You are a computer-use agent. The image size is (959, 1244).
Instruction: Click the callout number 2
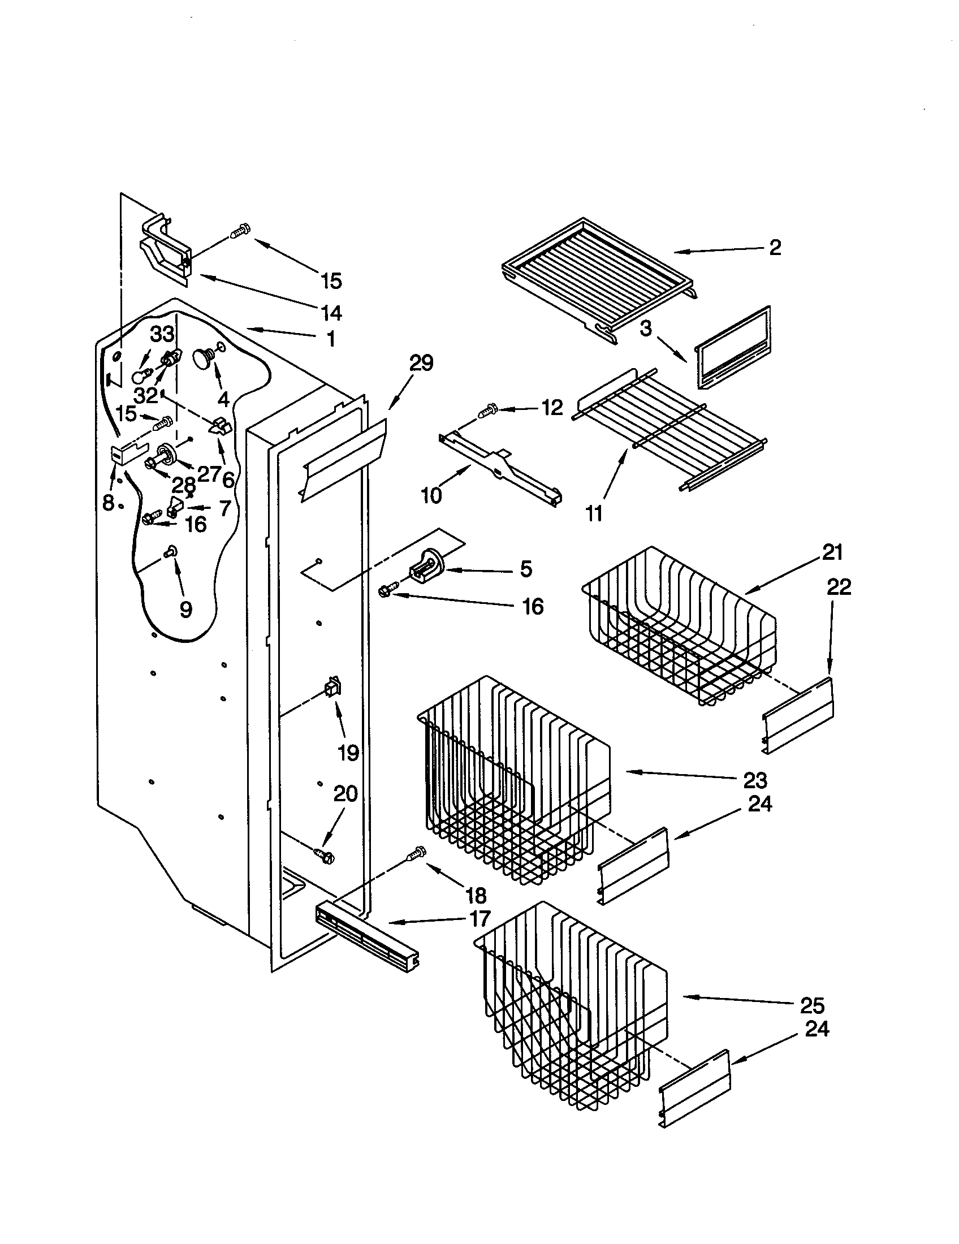775,248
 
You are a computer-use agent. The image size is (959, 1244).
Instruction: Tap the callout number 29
421,363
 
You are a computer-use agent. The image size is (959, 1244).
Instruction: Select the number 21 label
832,552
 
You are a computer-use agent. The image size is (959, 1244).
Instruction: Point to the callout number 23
754,780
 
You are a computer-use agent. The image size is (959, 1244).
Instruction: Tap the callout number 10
431,495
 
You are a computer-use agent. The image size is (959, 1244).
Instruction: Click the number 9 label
185,610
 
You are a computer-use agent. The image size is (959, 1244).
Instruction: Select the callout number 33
162,334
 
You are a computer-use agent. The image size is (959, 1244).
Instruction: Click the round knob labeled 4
204,358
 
